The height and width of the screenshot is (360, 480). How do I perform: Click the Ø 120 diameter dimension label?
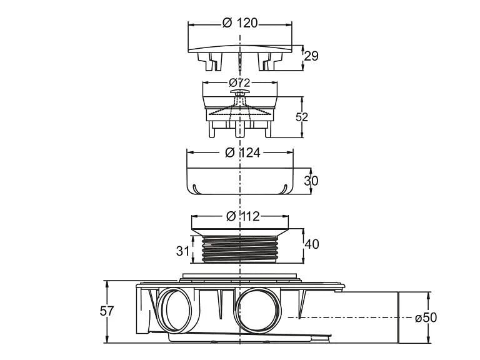[240, 22]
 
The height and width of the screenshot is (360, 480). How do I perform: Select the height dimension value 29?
[311, 56]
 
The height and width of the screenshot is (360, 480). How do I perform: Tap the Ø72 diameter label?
[240, 82]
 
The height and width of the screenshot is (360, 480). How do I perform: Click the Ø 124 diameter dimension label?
[241, 152]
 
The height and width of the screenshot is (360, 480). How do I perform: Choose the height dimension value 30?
[311, 181]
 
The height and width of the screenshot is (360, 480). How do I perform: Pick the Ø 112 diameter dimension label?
[241, 216]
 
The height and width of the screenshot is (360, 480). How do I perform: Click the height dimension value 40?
[311, 244]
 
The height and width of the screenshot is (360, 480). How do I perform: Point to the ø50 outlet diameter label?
[426, 317]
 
